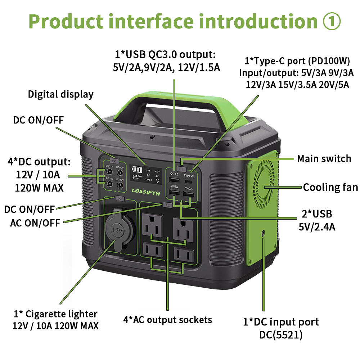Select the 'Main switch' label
324,159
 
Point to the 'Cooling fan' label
330,187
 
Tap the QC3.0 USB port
175,180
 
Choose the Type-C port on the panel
189,179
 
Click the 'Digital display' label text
61,94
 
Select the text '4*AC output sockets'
167,319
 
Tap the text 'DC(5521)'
281,335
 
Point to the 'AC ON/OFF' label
35,223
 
